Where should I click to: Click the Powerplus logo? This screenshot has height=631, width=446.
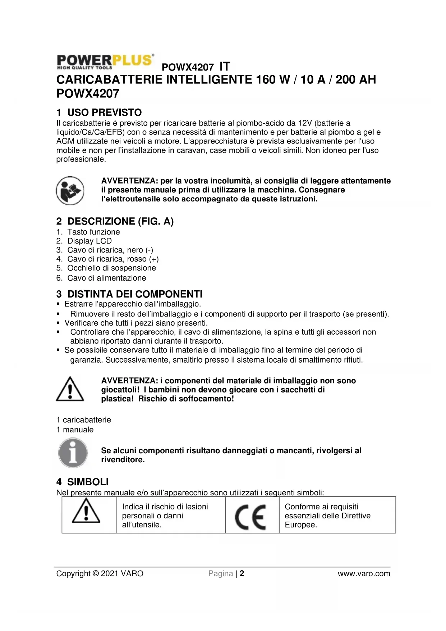pyautogui.click(x=105, y=62)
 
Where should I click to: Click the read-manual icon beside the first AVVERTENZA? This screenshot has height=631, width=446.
pyautogui.click(x=70, y=190)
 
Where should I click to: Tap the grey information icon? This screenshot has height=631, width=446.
pyautogui.click(x=73, y=453)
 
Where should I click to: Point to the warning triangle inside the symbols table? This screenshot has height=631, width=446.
pyautogui.click(x=86, y=511)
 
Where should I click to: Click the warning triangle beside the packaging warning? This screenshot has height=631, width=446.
pyautogui.click(x=70, y=389)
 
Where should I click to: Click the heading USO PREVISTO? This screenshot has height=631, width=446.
pyautogui.click(x=104, y=112)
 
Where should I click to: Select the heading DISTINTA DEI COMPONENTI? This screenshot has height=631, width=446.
pyautogui.click(x=135, y=294)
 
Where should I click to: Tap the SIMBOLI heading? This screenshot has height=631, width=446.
pyautogui.click(x=88, y=482)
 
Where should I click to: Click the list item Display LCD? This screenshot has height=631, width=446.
pyautogui.click(x=89, y=241)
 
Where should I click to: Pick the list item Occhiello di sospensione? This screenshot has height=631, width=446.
pyautogui.click(x=111, y=268)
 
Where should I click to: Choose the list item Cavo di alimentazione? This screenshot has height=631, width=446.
pyautogui.click(x=107, y=278)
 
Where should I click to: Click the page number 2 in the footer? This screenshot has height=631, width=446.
pyautogui.click(x=242, y=573)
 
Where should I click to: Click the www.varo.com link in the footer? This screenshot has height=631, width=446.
pyautogui.click(x=364, y=573)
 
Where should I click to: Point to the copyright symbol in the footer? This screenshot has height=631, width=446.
pyautogui.click(x=95, y=573)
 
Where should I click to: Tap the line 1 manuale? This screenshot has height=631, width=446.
pyautogui.click(x=75, y=430)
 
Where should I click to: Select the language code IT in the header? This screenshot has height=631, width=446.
pyautogui.click(x=225, y=66)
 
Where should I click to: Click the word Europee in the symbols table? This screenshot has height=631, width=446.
pyautogui.click(x=300, y=525)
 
